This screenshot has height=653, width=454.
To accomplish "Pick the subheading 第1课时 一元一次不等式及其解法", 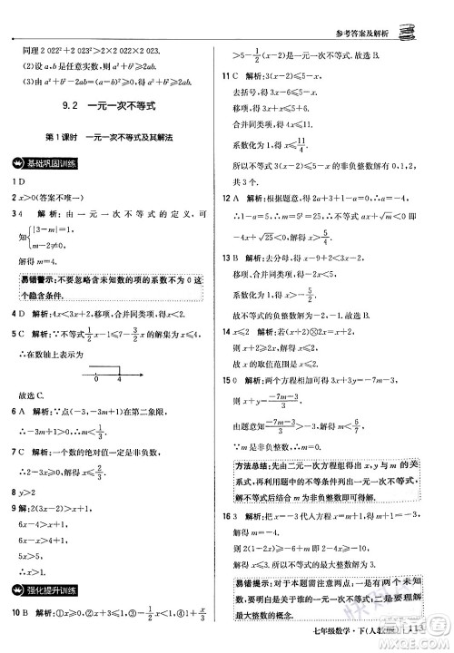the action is point(112,137).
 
